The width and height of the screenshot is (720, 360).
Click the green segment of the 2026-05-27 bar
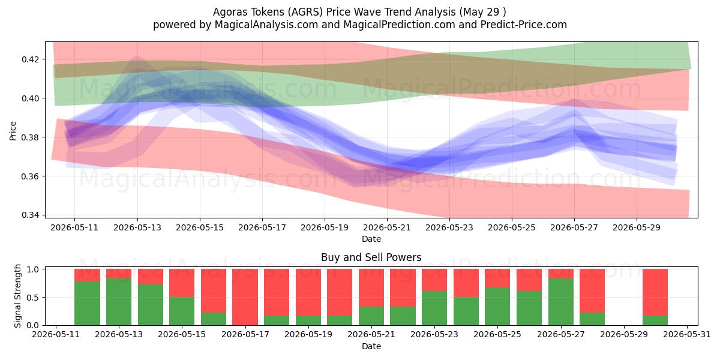[561, 302]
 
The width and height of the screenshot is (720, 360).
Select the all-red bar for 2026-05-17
[245, 297]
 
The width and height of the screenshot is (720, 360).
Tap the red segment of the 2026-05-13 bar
[119, 274]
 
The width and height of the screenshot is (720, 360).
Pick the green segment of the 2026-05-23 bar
[434, 308]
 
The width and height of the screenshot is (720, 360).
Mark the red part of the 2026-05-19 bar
[308, 292]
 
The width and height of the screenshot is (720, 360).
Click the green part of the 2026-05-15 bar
[182, 311]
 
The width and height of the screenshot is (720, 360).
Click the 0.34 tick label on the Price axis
[30, 215]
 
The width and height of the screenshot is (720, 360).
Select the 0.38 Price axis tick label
[30, 137]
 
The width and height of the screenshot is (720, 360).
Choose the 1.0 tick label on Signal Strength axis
[33, 269]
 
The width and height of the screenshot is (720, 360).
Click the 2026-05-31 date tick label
[687, 335]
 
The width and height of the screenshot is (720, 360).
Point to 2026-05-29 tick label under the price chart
[637, 228]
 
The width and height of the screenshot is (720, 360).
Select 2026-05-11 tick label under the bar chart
[56, 335]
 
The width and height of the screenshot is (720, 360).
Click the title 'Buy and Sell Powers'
[371, 257]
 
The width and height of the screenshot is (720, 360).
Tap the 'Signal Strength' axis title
[17, 296]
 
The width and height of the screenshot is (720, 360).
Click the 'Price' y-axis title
[13, 131]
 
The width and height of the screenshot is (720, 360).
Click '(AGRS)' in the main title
[305, 12]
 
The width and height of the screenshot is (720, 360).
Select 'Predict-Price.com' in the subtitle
[524, 25]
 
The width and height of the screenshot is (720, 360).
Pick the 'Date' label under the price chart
[371, 239]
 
